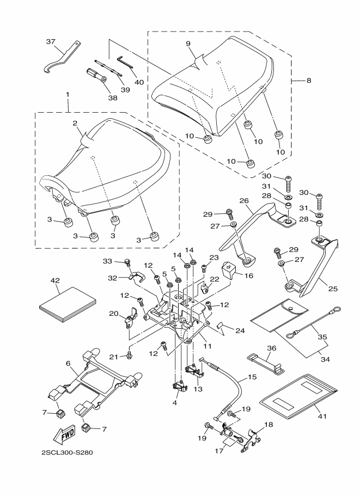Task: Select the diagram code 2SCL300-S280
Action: (63, 452)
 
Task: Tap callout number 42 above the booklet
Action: (54, 280)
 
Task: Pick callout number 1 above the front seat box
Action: (68, 94)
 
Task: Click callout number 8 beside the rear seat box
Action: (309, 81)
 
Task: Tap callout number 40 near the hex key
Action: (139, 82)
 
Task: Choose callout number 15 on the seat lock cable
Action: (252, 377)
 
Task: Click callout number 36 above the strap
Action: (272, 348)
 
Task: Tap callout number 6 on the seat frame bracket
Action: (69, 363)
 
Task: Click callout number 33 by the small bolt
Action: (107, 261)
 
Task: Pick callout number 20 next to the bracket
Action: (114, 313)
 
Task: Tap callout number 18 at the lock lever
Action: (269, 424)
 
